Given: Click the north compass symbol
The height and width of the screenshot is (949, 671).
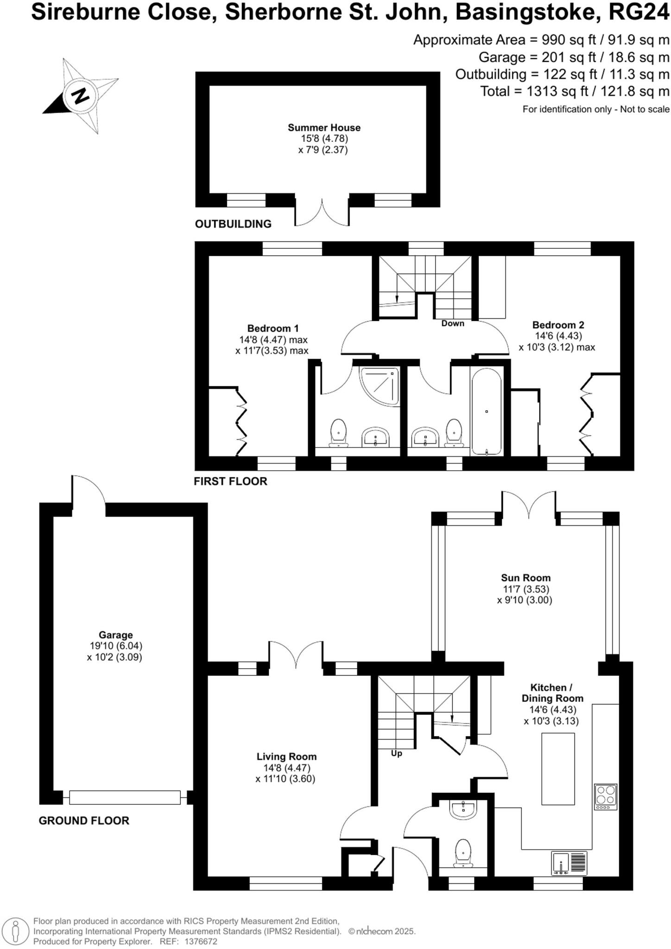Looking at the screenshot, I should pyautogui.click(x=80, y=96).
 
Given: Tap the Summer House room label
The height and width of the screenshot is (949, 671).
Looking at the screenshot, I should pyautogui.click(x=324, y=127).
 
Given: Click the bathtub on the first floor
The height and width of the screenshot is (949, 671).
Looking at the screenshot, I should pyautogui.click(x=486, y=412).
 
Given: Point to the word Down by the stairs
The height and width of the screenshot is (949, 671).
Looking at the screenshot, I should pyautogui.click(x=452, y=323).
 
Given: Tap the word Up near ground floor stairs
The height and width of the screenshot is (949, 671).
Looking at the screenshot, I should pyautogui.click(x=396, y=753).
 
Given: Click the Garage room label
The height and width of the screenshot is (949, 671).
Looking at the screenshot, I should pyautogui.click(x=115, y=635).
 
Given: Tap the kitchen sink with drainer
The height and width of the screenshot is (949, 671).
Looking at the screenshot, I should pyautogui.click(x=569, y=863).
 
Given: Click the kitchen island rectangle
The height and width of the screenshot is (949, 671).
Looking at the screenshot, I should pyautogui.click(x=558, y=769).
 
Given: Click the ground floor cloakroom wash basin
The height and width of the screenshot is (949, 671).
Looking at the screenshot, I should pyautogui.click(x=462, y=810).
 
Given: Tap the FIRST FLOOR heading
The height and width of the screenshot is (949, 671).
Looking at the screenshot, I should pyautogui.click(x=230, y=481).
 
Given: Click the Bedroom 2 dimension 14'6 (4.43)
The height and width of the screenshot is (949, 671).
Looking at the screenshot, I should pyautogui.click(x=558, y=336).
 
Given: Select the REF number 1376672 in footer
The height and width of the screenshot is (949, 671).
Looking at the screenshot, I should pyautogui.click(x=201, y=942).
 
